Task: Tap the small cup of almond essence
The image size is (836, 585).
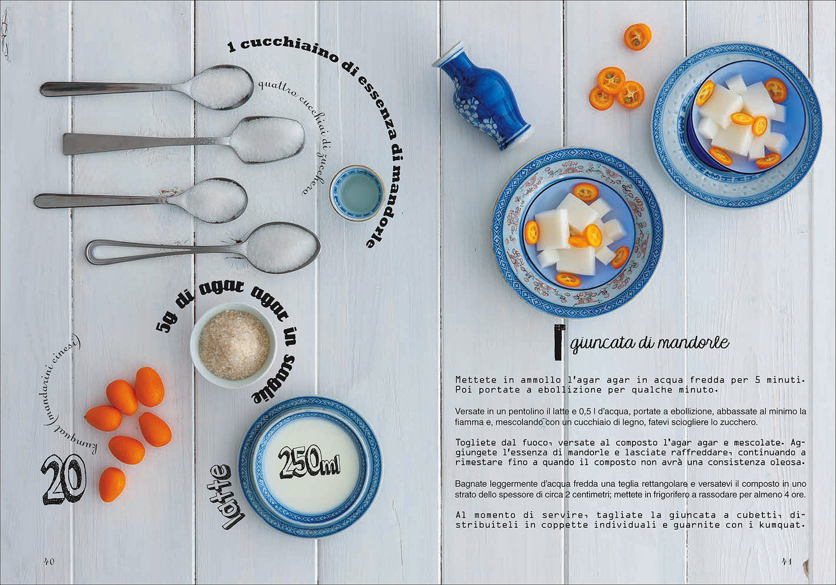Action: click(x=358, y=193)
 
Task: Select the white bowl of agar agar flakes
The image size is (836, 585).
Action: click(x=234, y=345)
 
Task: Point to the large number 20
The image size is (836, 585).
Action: click(x=64, y=479)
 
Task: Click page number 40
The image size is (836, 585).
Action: click(x=49, y=561)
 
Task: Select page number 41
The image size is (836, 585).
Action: click(x=786, y=561)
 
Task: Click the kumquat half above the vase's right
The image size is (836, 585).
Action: click(x=637, y=37)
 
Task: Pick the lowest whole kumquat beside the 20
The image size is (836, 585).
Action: click(x=112, y=484)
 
